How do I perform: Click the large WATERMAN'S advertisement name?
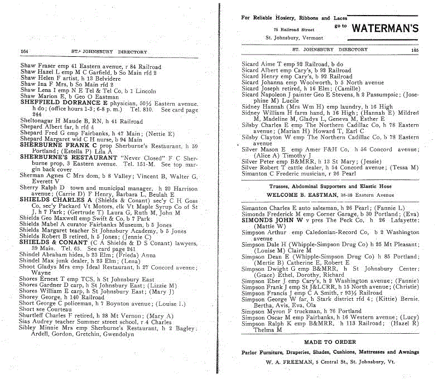point(386,28)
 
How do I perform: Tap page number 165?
point(414,50)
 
